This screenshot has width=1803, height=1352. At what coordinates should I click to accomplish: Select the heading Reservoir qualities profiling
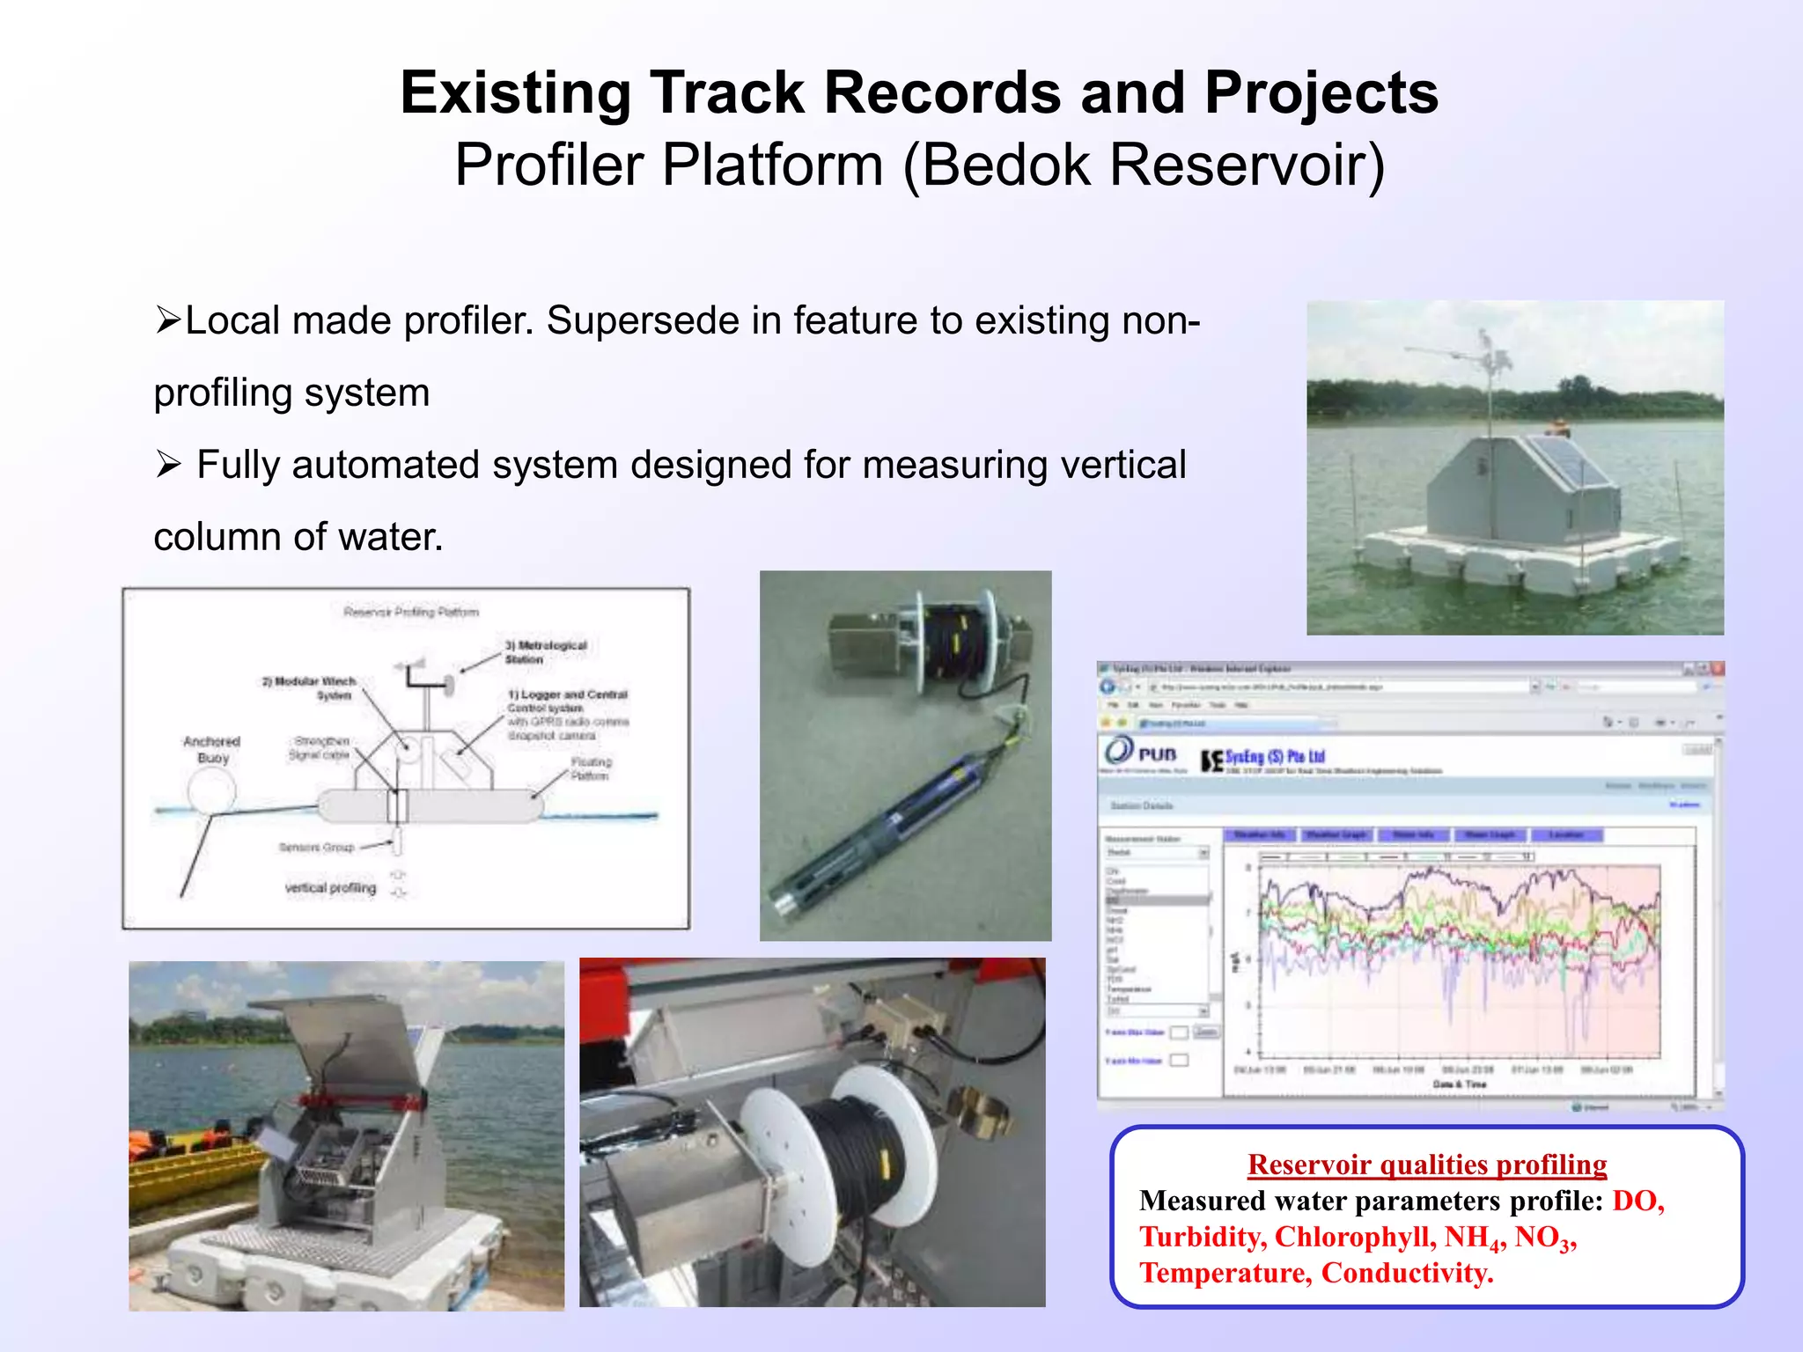1426,1165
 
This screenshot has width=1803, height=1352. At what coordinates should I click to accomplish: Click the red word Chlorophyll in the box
1355,1237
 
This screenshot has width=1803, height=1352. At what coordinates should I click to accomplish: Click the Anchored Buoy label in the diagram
212,749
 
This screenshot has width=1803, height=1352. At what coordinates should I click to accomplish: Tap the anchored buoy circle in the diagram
211,790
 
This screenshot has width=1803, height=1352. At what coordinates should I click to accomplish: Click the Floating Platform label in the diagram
590,768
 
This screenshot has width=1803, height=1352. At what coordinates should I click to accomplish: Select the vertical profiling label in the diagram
330,888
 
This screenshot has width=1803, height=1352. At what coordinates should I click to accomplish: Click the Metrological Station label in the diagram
546,652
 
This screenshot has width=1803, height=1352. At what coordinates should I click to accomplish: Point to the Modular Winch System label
310,687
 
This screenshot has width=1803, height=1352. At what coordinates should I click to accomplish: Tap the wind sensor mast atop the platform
1488,370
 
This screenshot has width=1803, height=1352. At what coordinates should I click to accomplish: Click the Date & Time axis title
1459,1084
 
